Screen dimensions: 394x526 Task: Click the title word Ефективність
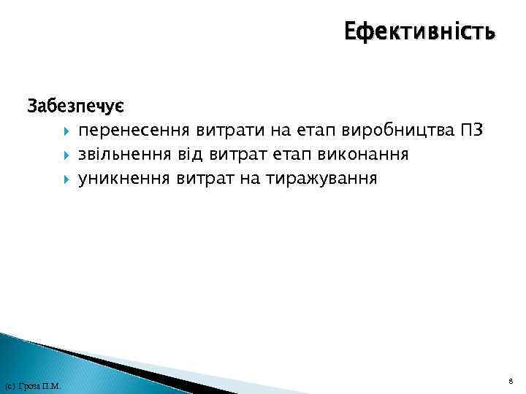pyautogui.click(x=419, y=31)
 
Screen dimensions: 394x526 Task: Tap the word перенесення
pyautogui.click(x=134, y=131)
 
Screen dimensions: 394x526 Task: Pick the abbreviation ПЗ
pyautogui.click(x=473, y=131)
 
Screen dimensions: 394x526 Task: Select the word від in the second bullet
pyautogui.click(x=191, y=154)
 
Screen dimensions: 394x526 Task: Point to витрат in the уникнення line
pyautogui.click(x=202, y=177)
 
